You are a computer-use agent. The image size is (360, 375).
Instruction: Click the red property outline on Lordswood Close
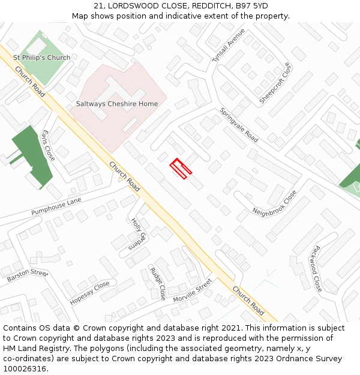click(x=181, y=169)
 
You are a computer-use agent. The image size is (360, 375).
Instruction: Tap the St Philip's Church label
click(x=42, y=58)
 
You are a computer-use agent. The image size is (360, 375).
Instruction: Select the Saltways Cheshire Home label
click(x=117, y=104)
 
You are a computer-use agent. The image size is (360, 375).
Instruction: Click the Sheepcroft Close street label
click(x=275, y=83)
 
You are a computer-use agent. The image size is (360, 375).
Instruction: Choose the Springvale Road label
click(x=239, y=125)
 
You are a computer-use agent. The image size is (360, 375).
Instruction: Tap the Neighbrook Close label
click(x=274, y=203)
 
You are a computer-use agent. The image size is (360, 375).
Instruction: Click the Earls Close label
click(x=49, y=145)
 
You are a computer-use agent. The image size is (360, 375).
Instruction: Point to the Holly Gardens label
click(x=139, y=233)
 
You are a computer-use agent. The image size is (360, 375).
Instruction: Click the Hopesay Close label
click(x=90, y=292)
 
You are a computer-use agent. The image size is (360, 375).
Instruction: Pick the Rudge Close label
click(x=158, y=283)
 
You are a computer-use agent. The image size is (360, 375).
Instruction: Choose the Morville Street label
click(x=193, y=290)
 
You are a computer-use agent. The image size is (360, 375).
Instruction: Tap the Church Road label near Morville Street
click(x=248, y=301)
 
